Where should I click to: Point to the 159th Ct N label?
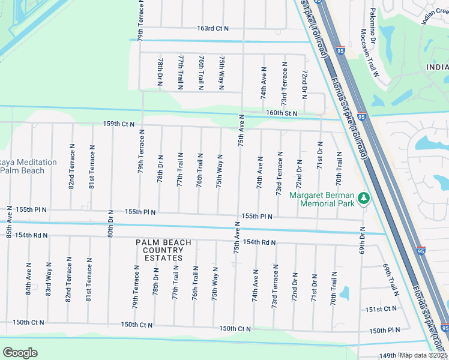tap(118, 124)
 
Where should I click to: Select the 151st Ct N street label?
tap(381, 309)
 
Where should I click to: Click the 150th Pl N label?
tap(385, 331)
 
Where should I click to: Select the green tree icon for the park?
tap(363, 197)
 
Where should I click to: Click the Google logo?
tap(20, 352)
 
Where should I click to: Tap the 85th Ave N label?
tap(9, 222)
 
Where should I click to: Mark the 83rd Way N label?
tap(48, 278)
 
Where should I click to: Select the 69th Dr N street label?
tap(362, 241)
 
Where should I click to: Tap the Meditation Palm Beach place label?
tap(28, 166)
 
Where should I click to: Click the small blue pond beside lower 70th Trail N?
tap(344, 293)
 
